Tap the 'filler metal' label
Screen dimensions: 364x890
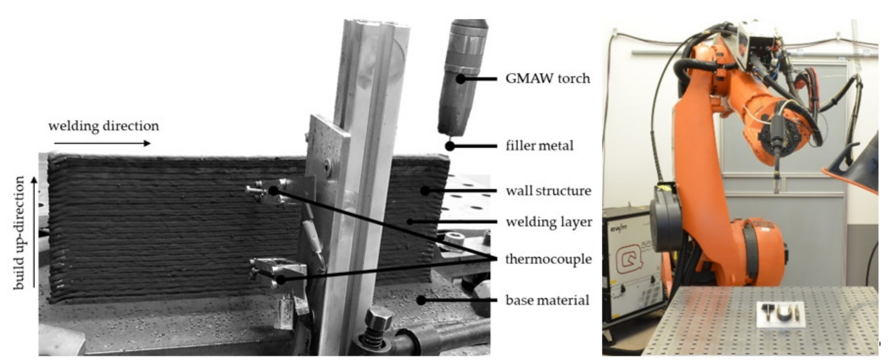tap(539, 146)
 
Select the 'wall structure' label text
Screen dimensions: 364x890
tap(548, 191)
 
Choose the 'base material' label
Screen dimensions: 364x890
tap(547, 300)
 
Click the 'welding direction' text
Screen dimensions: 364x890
tap(104, 126)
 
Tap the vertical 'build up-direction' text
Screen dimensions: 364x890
tap(19, 233)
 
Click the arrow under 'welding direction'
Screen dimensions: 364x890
tap(102, 143)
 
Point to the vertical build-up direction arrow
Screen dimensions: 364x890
tap(34, 232)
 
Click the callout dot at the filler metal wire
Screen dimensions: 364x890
tap(449, 146)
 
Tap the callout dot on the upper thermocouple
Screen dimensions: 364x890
tap(273, 190)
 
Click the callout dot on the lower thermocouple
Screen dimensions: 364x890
tap(281, 279)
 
